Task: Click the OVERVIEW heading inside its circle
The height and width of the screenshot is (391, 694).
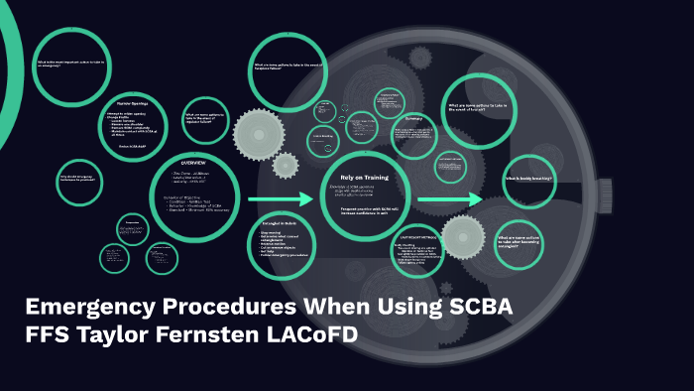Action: [194, 162]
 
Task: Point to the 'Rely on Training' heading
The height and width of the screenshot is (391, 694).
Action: [363, 178]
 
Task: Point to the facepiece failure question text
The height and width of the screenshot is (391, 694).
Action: [288, 68]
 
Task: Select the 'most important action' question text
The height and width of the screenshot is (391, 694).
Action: [69, 63]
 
